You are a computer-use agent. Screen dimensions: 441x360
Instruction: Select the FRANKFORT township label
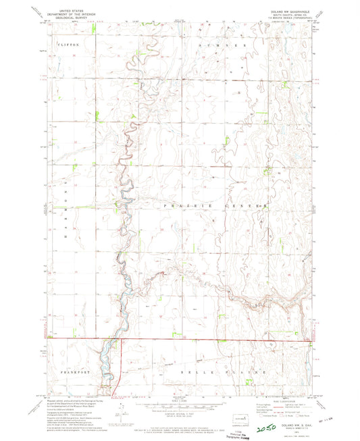point(70,372)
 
